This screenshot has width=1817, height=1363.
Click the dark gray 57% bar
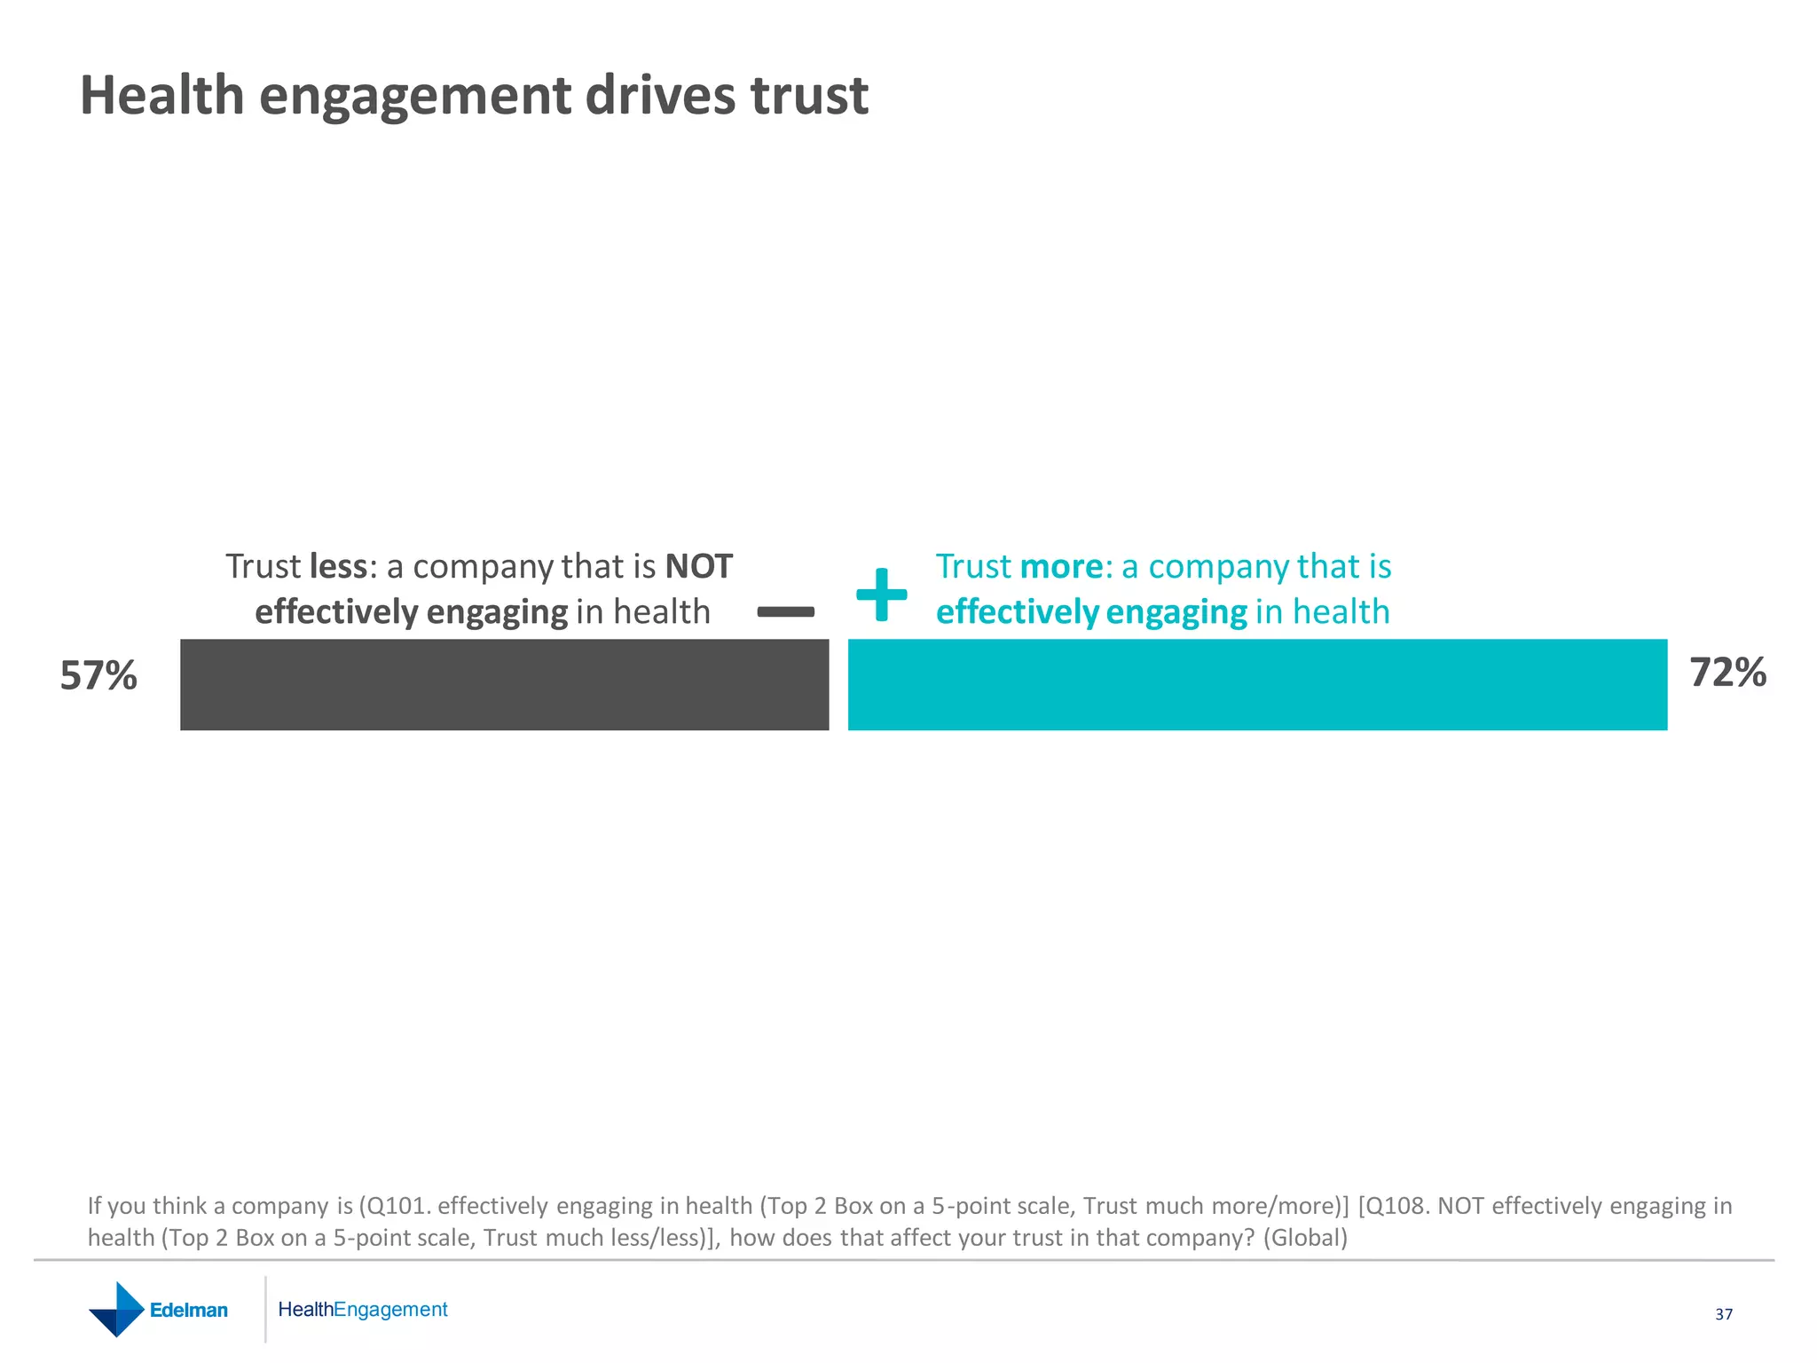click(504, 684)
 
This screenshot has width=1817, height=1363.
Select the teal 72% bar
click(1257, 684)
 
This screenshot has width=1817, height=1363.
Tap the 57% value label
click(98, 676)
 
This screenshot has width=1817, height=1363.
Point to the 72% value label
click(1727, 673)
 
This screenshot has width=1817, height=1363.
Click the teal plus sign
click(881, 595)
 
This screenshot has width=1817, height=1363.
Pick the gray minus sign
click(785, 611)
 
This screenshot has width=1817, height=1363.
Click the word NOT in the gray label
click(699, 566)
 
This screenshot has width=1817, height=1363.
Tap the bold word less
click(338, 566)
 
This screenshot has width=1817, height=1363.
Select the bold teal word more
click(1062, 566)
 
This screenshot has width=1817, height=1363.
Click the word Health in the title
click(161, 95)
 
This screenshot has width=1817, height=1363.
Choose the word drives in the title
click(660, 95)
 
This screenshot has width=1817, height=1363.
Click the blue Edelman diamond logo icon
click(116, 1310)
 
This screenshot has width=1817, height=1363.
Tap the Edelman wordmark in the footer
click(189, 1311)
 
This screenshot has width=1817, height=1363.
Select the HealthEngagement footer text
click(362, 1310)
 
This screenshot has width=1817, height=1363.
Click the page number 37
click(1723, 1314)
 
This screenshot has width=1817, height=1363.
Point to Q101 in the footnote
click(397, 1206)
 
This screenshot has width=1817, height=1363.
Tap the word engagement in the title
click(415, 95)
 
